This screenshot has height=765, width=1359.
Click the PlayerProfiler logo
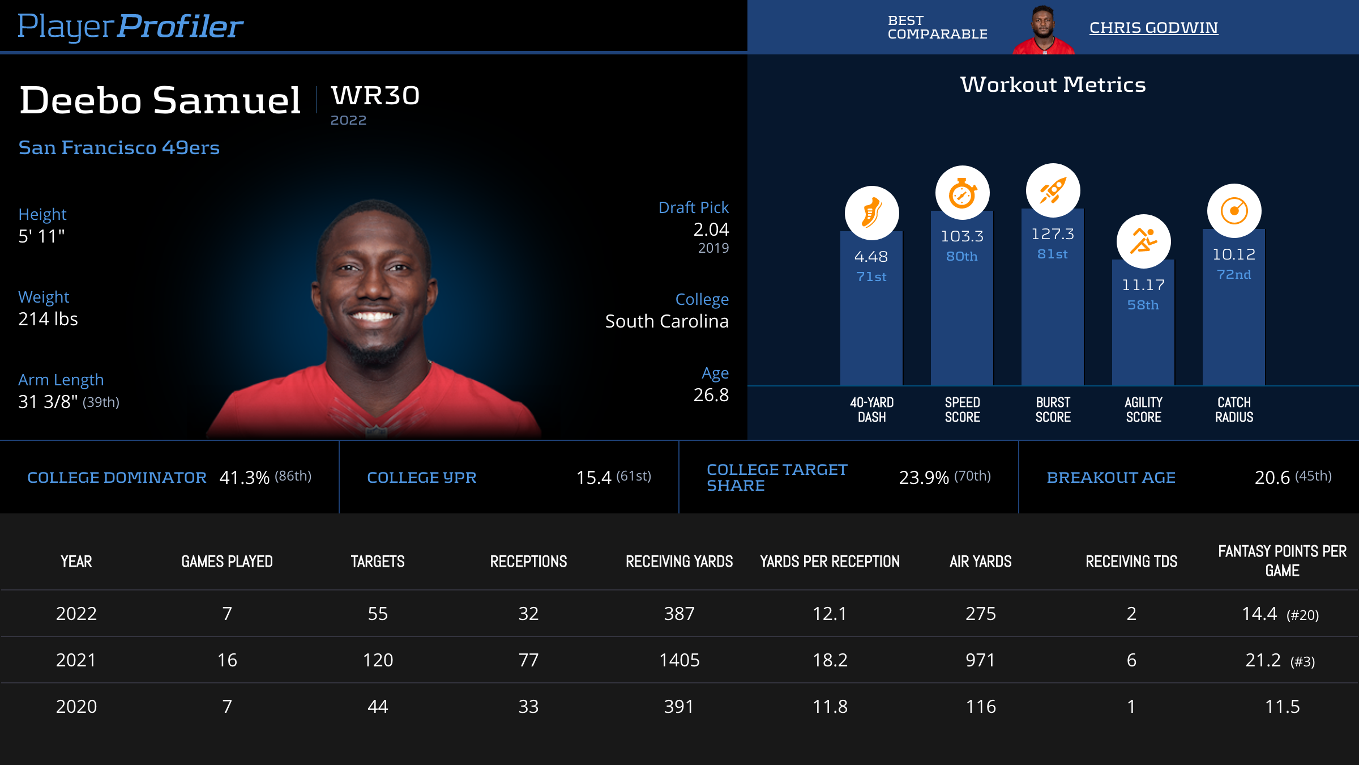130,26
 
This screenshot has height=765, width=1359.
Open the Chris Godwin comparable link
1153,27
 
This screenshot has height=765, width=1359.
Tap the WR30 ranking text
375,95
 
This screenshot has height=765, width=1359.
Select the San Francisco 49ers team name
119,147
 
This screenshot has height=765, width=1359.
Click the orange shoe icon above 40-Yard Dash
871,213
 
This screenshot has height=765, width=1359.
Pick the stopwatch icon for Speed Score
962,193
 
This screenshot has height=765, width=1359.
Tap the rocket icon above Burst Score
1053,190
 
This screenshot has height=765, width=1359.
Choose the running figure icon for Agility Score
1143,241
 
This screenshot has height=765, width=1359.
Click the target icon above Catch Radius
1234,211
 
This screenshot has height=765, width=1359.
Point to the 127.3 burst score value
1052,233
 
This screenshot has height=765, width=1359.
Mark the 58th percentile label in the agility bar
1143,305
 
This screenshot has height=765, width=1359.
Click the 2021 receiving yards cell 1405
679,660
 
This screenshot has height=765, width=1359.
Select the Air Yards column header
980,562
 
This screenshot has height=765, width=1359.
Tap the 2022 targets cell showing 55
378,614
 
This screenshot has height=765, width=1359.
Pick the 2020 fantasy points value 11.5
1282,707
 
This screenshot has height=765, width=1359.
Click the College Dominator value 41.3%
244,478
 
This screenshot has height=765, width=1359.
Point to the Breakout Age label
1110,478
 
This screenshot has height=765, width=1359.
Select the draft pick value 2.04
711,229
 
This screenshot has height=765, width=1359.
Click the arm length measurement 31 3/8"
48,402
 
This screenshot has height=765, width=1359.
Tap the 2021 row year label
76,660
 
